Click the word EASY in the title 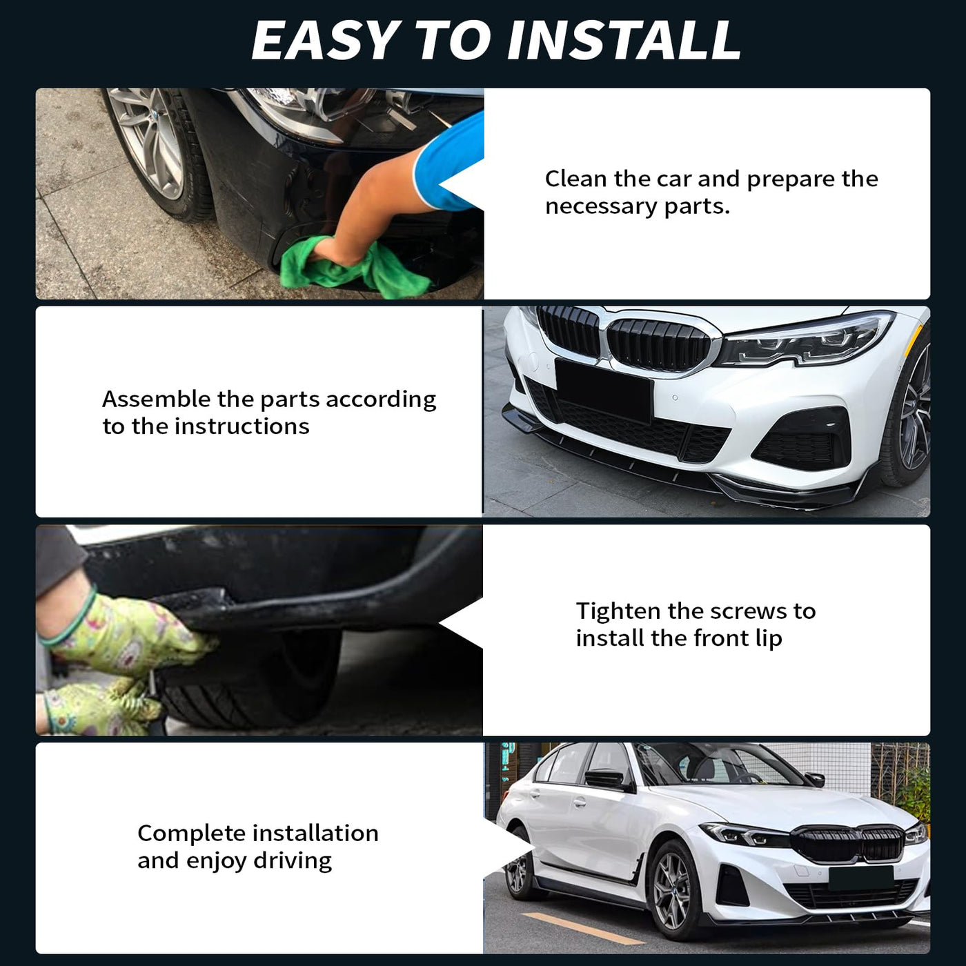(325, 41)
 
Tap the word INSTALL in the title (624, 41)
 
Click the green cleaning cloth (353, 266)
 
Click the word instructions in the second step (241, 426)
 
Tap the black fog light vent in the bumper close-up (800, 440)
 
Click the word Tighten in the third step (618, 612)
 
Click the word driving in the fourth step (293, 862)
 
